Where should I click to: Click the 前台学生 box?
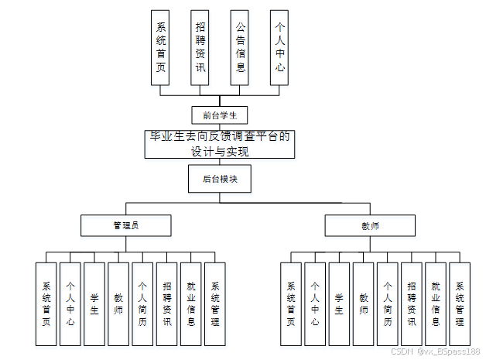[219, 115]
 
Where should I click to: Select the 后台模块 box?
[219, 179]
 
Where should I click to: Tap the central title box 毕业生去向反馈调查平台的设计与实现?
[220, 144]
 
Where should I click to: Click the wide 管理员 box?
[125, 225]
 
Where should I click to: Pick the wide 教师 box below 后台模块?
[369, 226]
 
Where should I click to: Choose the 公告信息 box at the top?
[240, 46]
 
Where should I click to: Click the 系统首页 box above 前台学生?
[160, 46]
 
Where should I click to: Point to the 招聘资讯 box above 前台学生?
[200, 46]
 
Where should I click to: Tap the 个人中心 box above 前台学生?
[280, 46]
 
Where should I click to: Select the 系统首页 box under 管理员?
[46, 303]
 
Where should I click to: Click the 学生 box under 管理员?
[94, 303]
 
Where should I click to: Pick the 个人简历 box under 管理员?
[142, 303]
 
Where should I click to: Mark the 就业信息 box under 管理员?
[190, 303]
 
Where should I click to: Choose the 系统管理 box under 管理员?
[214, 303]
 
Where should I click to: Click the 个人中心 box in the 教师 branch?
[315, 303]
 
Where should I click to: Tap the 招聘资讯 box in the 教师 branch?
[412, 303]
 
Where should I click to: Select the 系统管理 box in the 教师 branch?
[460, 303]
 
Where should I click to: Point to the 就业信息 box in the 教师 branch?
[436, 303]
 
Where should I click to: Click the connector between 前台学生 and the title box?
[219, 127]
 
